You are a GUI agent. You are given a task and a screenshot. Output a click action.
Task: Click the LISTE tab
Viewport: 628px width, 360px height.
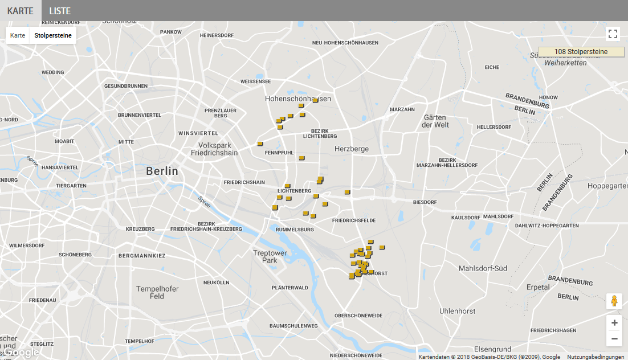(60, 11)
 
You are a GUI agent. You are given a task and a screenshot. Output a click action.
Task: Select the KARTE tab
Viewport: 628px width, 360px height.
(21, 11)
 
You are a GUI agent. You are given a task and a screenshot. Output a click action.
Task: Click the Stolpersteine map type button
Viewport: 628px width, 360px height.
(53, 35)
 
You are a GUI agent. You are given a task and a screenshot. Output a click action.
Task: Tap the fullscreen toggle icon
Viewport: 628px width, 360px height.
(613, 34)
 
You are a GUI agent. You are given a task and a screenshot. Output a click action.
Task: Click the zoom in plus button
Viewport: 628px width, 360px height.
(614, 323)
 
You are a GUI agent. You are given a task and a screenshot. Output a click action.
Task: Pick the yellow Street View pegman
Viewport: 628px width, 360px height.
(614, 301)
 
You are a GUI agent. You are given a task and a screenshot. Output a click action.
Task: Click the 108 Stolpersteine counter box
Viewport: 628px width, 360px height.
(581, 52)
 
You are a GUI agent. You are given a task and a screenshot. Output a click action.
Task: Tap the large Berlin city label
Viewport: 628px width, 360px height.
(162, 171)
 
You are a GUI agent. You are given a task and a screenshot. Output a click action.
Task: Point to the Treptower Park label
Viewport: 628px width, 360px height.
(270, 256)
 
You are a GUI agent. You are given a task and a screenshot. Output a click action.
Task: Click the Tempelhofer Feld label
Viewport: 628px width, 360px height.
(157, 293)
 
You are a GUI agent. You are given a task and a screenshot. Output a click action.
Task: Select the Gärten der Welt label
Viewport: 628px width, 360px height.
(436, 121)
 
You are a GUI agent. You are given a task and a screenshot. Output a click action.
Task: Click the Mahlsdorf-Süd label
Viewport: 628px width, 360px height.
(483, 268)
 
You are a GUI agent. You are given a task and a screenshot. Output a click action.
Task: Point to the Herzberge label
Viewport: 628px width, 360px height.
(351, 149)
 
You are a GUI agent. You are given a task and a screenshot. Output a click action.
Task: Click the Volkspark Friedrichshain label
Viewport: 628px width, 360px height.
(214, 149)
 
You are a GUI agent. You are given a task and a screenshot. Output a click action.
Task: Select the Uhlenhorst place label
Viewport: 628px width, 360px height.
(457, 311)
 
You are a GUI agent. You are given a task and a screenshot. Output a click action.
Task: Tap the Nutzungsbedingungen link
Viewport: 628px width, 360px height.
(596, 357)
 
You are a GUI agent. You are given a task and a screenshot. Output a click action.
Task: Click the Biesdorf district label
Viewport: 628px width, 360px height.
(425, 202)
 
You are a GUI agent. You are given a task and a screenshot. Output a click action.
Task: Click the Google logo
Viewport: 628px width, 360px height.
(22, 353)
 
